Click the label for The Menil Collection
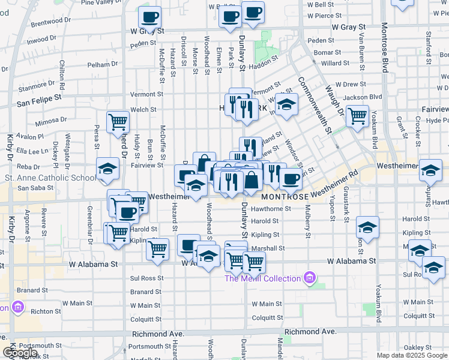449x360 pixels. (x=262, y=278)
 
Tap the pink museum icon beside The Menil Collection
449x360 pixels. (x=310, y=277)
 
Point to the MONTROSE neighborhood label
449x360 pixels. (x=285, y=196)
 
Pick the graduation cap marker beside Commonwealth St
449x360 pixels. (x=287, y=104)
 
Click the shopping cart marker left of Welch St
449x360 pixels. (x=118, y=122)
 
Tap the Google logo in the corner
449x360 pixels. (x=20, y=353)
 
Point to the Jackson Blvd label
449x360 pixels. (x=367, y=97)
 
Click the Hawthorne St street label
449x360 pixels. (x=272, y=209)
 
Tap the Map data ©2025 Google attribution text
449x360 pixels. (x=412, y=355)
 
